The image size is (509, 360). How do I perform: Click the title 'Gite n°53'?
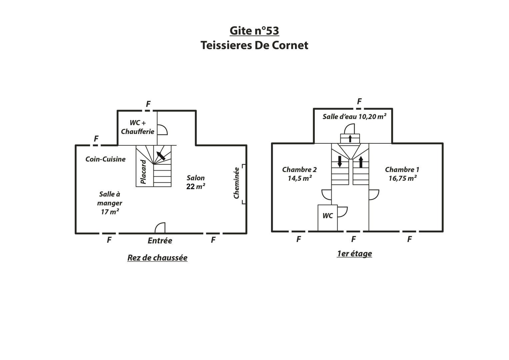coord(254,31)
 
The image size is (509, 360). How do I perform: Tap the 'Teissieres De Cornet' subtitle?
coord(254,45)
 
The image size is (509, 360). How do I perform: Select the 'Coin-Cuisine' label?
coord(105,159)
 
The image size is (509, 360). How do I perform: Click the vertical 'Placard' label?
coord(143,172)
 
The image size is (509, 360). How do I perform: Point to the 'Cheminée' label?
coord(237,183)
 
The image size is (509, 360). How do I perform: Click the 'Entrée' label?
coord(160,240)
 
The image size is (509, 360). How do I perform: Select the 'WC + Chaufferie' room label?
coord(137,127)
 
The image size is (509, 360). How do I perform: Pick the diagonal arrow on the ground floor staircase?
coord(161,156)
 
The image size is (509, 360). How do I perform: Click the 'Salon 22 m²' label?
coord(196,182)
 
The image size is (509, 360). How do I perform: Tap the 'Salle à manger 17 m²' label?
coord(110,203)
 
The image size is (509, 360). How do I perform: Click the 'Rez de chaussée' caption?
coord(157,258)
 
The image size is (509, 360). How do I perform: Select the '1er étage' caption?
coord(354,253)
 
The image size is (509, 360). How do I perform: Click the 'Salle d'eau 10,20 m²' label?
coord(354,117)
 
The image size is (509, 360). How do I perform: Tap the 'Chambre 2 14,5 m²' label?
coord(299,174)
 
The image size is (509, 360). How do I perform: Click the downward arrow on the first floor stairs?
coord(340,161)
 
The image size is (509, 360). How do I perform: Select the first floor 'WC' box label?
coord(328,216)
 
